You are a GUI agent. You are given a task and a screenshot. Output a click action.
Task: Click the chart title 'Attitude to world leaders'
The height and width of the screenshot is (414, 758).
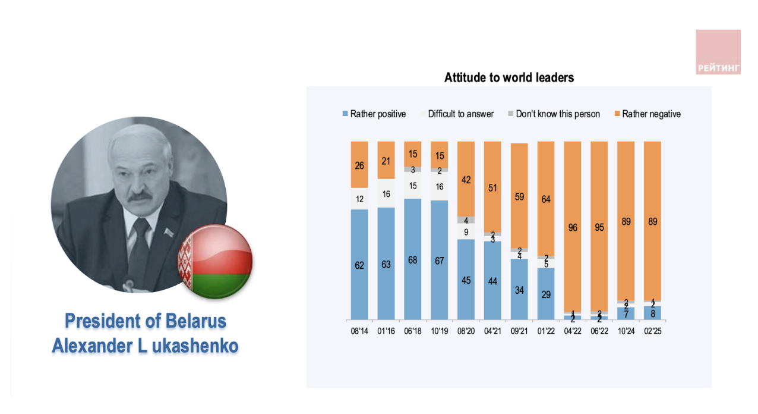click(509, 77)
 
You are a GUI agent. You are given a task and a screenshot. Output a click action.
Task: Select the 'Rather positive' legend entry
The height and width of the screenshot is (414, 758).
click(374, 114)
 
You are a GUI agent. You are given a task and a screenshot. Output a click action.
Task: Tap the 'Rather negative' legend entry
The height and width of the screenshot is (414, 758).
click(647, 114)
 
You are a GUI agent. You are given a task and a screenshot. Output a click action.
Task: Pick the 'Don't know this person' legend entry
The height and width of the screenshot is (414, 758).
click(553, 114)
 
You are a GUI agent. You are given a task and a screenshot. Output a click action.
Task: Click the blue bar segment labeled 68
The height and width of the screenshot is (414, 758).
click(413, 259)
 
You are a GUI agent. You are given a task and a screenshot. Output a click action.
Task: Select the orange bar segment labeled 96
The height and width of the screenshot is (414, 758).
click(573, 227)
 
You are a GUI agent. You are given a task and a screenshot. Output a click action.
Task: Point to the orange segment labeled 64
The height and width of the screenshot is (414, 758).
click(546, 199)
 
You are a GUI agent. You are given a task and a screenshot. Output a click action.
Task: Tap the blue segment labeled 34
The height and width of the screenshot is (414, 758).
click(519, 290)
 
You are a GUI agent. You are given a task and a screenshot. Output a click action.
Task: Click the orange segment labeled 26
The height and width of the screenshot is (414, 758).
click(359, 165)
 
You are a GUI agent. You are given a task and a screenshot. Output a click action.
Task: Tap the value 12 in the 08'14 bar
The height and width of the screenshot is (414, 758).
click(359, 199)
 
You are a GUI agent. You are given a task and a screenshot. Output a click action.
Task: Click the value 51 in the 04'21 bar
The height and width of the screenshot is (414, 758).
click(492, 188)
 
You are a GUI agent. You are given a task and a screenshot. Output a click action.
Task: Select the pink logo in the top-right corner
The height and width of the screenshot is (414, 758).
click(718, 52)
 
